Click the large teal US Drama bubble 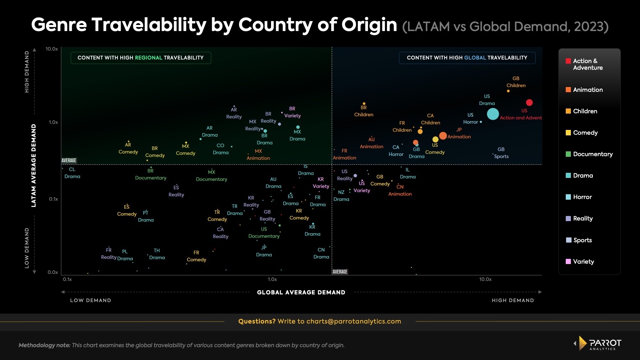pyautogui.click(x=493, y=114)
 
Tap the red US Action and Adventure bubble pyautogui.click(x=529, y=102)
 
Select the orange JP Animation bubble pyautogui.click(x=443, y=136)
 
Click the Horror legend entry pyautogui.click(x=582, y=197)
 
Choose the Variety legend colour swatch pyautogui.click(x=568, y=261)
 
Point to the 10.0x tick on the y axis pyautogui.click(x=52, y=49)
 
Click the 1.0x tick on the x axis pyautogui.click(x=272, y=279)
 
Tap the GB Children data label pyautogui.click(x=516, y=82)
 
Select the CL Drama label pyautogui.click(x=72, y=173)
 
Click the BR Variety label pyautogui.click(x=292, y=112)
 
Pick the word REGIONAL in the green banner pyautogui.click(x=148, y=58)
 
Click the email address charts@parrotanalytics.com pyautogui.click(x=354, y=321)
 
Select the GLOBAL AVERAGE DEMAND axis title pyautogui.click(x=301, y=292)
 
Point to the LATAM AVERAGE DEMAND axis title pyautogui.click(x=33, y=165)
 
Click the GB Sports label pyautogui.click(x=501, y=153)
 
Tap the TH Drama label pyautogui.click(x=157, y=254)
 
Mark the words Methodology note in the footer pyautogui.click(x=44, y=345)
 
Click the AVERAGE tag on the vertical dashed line pyautogui.click(x=340, y=272)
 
